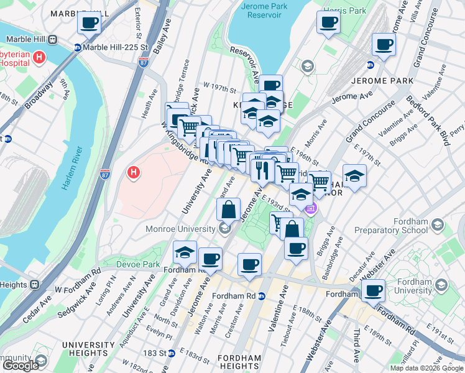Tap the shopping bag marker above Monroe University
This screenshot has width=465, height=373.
tap(229, 210)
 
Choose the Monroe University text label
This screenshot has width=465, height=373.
tap(180, 229)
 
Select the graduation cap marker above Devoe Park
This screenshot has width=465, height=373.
tap(185, 252)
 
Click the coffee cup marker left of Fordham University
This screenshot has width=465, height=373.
tap(373, 290)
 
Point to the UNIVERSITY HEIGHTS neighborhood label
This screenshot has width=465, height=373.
tap(88, 349)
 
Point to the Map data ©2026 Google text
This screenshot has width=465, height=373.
tap(426, 368)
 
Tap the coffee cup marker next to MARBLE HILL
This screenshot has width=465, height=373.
tap(89, 23)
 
